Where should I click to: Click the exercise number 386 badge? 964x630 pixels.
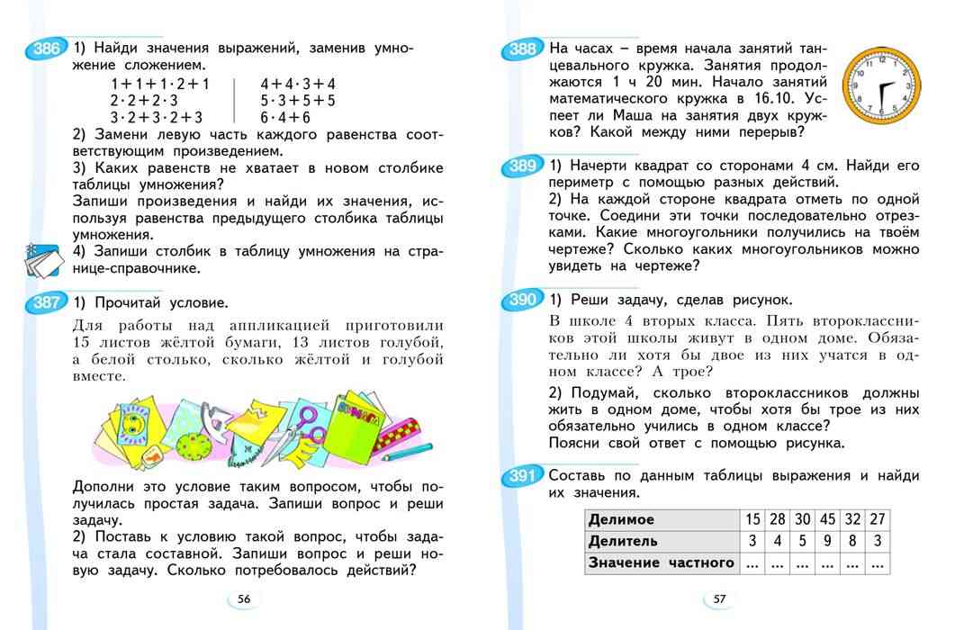pyautogui.click(x=42, y=51)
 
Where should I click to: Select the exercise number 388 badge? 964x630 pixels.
pyautogui.click(x=521, y=50)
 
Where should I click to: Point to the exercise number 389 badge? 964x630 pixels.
pyautogui.click(x=521, y=166)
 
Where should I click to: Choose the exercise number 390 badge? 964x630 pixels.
pyautogui.click(x=521, y=301)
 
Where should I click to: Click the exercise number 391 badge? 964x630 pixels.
pyautogui.click(x=521, y=476)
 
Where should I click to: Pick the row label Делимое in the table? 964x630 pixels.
pyautogui.click(x=621, y=520)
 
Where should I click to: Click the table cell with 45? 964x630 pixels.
pyautogui.click(x=828, y=520)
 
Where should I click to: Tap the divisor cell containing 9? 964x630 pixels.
pyautogui.click(x=828, y=542)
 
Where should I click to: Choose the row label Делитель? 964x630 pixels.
pyautogui.click(x=623, y=542)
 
